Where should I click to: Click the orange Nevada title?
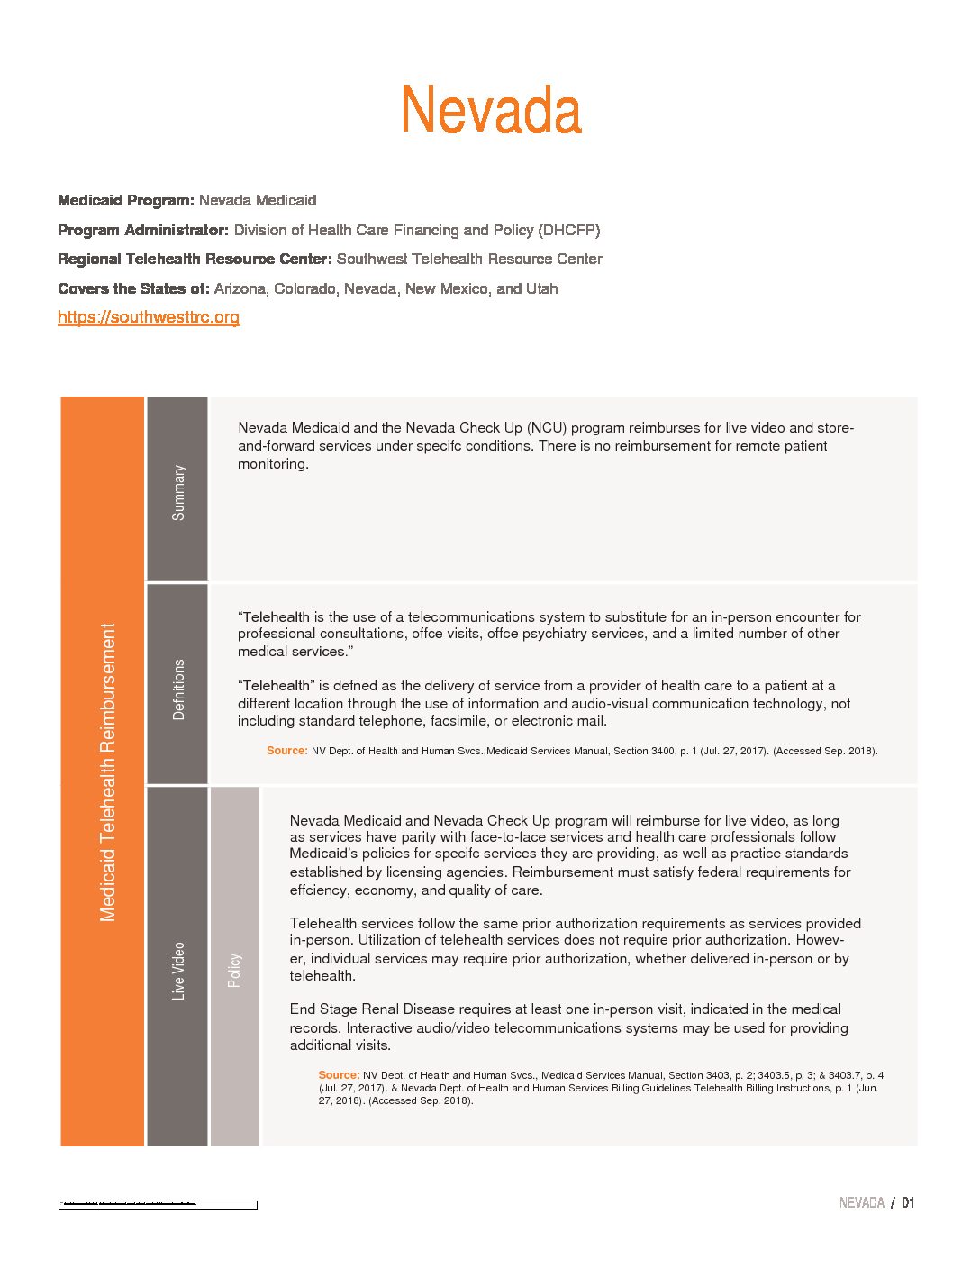pyautogui.click(x=491, y=111)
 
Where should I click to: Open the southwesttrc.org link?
pyautogui.click(x=149, y=317)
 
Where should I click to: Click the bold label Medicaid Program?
pyautogui.click(x=126, y=200)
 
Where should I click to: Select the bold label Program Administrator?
pyautogui.click(x=143, y=230)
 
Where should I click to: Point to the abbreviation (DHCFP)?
pyautogui.click(x=569, y=230)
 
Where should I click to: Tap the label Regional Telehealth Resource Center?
pyautogui.click(x=195, y=260)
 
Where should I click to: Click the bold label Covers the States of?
pyautogui.click(x=133, y=289)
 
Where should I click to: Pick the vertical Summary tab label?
pyautogui.click(x=178, y=492)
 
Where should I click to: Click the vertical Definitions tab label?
pyautogui.click(x=178, y=689)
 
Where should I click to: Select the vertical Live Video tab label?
pyautogui.click(x=178, y=971)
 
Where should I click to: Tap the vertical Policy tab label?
pyautogui.click(x=234, y=971)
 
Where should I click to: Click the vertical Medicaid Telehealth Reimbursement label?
pyautogui.click(x=108, y=772)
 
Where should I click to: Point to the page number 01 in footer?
pyautogui.click(x=908, y=1203)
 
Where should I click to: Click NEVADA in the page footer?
pyautogui.click(x=861, y=1203)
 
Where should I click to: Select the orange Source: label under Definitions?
pyautogui.click(x=286, y=751)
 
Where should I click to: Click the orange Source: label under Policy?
pyautogui.click(x=339, y=1075)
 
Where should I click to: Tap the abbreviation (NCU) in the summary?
pyautogui.click(x=547, y=428)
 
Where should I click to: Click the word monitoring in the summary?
pyautogui.click(x=273, y=464)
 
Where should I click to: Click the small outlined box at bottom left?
pyautogui.click(x=158, y=1204)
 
